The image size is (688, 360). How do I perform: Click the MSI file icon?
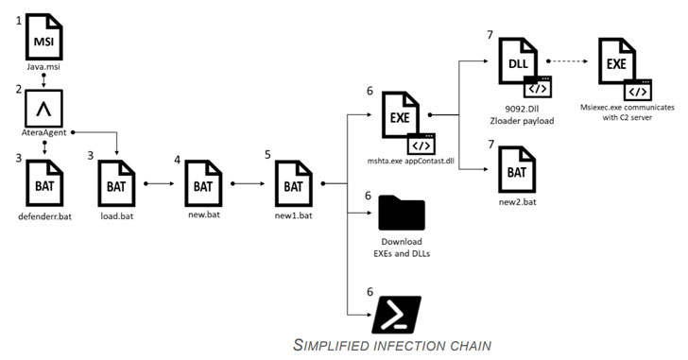pyautogui.click(x=43, y=37)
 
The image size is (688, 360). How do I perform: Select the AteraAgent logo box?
pyautogui.click(x=43, y=109)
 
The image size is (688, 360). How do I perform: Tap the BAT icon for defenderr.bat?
pyautogui.click(x=44, y=183)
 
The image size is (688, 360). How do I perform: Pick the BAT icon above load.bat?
pyautogui.click(x=116, y=183)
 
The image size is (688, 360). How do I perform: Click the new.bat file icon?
pyautogui.click(x=203, y=183)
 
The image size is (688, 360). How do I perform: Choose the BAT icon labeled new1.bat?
pyautogui.click(x=294, y=183)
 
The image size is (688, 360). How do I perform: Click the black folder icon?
pyautogui.click(x=402, y=213)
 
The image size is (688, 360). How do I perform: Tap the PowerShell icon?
pyautogui.click(x=396, y=315)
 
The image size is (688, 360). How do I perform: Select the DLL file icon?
pyautogui.click(x=525, y=67)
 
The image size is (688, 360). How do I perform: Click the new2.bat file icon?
pyautogui.click(x=517, y=170)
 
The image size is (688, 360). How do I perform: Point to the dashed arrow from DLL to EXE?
pyautogui.click(x=567, y=61)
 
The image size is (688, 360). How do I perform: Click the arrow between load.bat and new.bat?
pyautogui.click(x=160, y=183)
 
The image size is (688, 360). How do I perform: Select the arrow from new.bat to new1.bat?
pyautogui.click(x=248, y=183)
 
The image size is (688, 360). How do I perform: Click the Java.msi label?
pyautogui.click(x=43, y=67)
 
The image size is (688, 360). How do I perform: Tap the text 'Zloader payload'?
pyautogui.click(x=522, y=121)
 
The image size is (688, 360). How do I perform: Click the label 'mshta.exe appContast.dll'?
pyautogui.click(x=411, y=161)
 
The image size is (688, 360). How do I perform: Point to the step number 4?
pyautogui.click(x=178, y=160)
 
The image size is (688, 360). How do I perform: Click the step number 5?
pyautogui.click(x=267, y=155)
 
